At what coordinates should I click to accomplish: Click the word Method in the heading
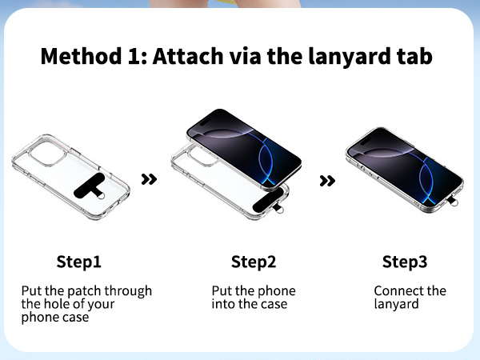pyautogui.click(x=81, y=56)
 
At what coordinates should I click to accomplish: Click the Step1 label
pyautogui.click(x=78, y=262)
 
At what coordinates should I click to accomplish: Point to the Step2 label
pyautogui.click(x=254, y=262)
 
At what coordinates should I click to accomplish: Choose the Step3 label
pyautogui.click(x=405, y=262)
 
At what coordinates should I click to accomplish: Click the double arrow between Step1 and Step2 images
pyautogui.click(x=149, y=179)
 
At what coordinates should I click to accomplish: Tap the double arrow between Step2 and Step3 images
pyautogui.click(x=327, y=181)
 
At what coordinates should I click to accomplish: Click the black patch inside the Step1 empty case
pyautogui.click(x=90, y=186)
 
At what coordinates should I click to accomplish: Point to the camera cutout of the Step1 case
pyautogui.click(x=47, y=154)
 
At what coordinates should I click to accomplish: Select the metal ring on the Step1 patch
pyautogui.click(x=101, y=196)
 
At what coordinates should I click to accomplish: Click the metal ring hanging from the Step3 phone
pyautogui.click(x=454, y=202)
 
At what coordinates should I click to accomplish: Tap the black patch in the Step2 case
pyautogui.click(x=269, y=201)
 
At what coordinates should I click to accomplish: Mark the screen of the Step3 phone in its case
pyautogui.click(x=405, y=167)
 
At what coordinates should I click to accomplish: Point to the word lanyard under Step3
pyautogui.click(x=396, y=305)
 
